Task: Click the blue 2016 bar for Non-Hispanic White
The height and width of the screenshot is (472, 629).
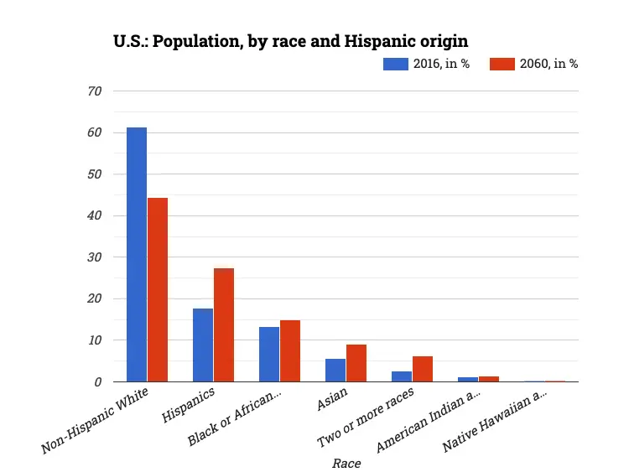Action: click(137, 255)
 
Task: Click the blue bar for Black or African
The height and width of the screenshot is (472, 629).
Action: click(269, 355)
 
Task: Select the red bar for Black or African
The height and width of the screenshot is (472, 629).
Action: click(290, 351)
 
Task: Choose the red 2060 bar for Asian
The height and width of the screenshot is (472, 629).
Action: click(356, 363)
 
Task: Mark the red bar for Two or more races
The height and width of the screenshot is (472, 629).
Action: click(423, 369)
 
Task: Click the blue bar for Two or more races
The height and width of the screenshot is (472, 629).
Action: click(402, 376)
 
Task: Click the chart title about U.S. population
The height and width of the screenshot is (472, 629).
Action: click(290, 41)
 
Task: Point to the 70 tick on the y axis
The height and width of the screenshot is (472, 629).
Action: click(95, 91)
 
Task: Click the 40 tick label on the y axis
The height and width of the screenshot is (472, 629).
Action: click(95, 215)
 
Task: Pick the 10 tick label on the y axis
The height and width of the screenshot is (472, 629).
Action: click(95, 340)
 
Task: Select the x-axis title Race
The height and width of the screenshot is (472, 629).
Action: click(346, 463)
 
